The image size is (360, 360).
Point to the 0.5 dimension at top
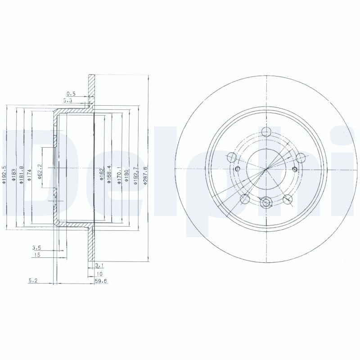(71, 94)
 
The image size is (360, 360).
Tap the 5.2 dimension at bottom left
(33, 281)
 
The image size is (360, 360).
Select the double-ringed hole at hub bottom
(267, 203)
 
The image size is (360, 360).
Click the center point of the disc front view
(267, 169)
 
